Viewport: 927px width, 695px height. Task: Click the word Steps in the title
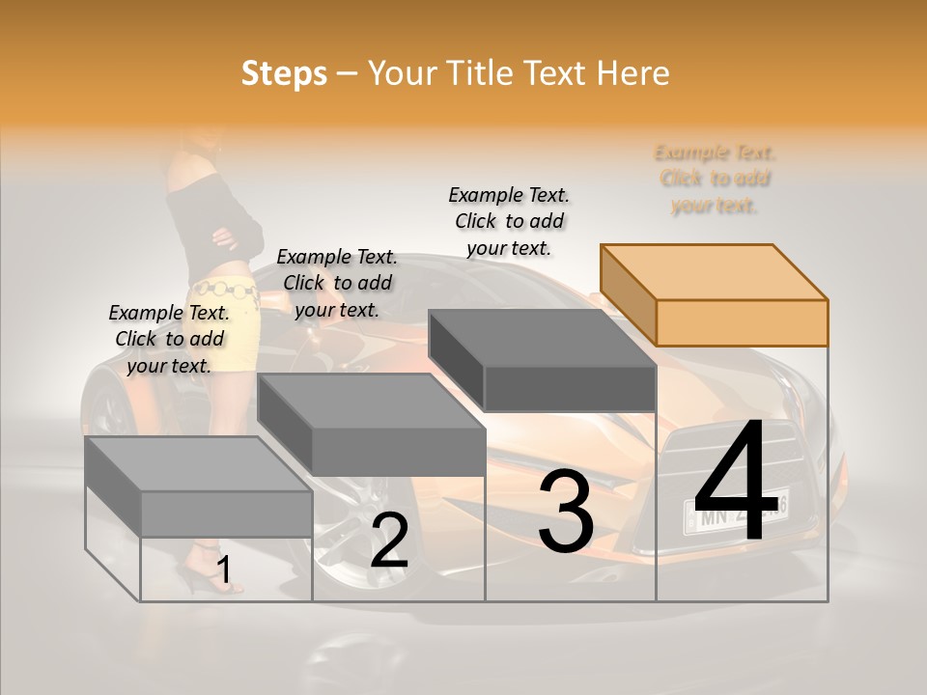[284, 74]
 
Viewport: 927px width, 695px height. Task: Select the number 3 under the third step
[566, 513]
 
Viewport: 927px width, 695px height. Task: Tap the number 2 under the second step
[389, 542]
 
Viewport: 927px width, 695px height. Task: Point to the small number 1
[224, 570]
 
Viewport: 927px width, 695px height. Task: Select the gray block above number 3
[544, 359]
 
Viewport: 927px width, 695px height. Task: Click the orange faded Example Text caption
[715, 179]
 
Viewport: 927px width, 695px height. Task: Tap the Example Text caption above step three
[509, 221]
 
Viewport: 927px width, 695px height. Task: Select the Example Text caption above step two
[337, 283]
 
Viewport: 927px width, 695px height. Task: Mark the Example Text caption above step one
[169, 339]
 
